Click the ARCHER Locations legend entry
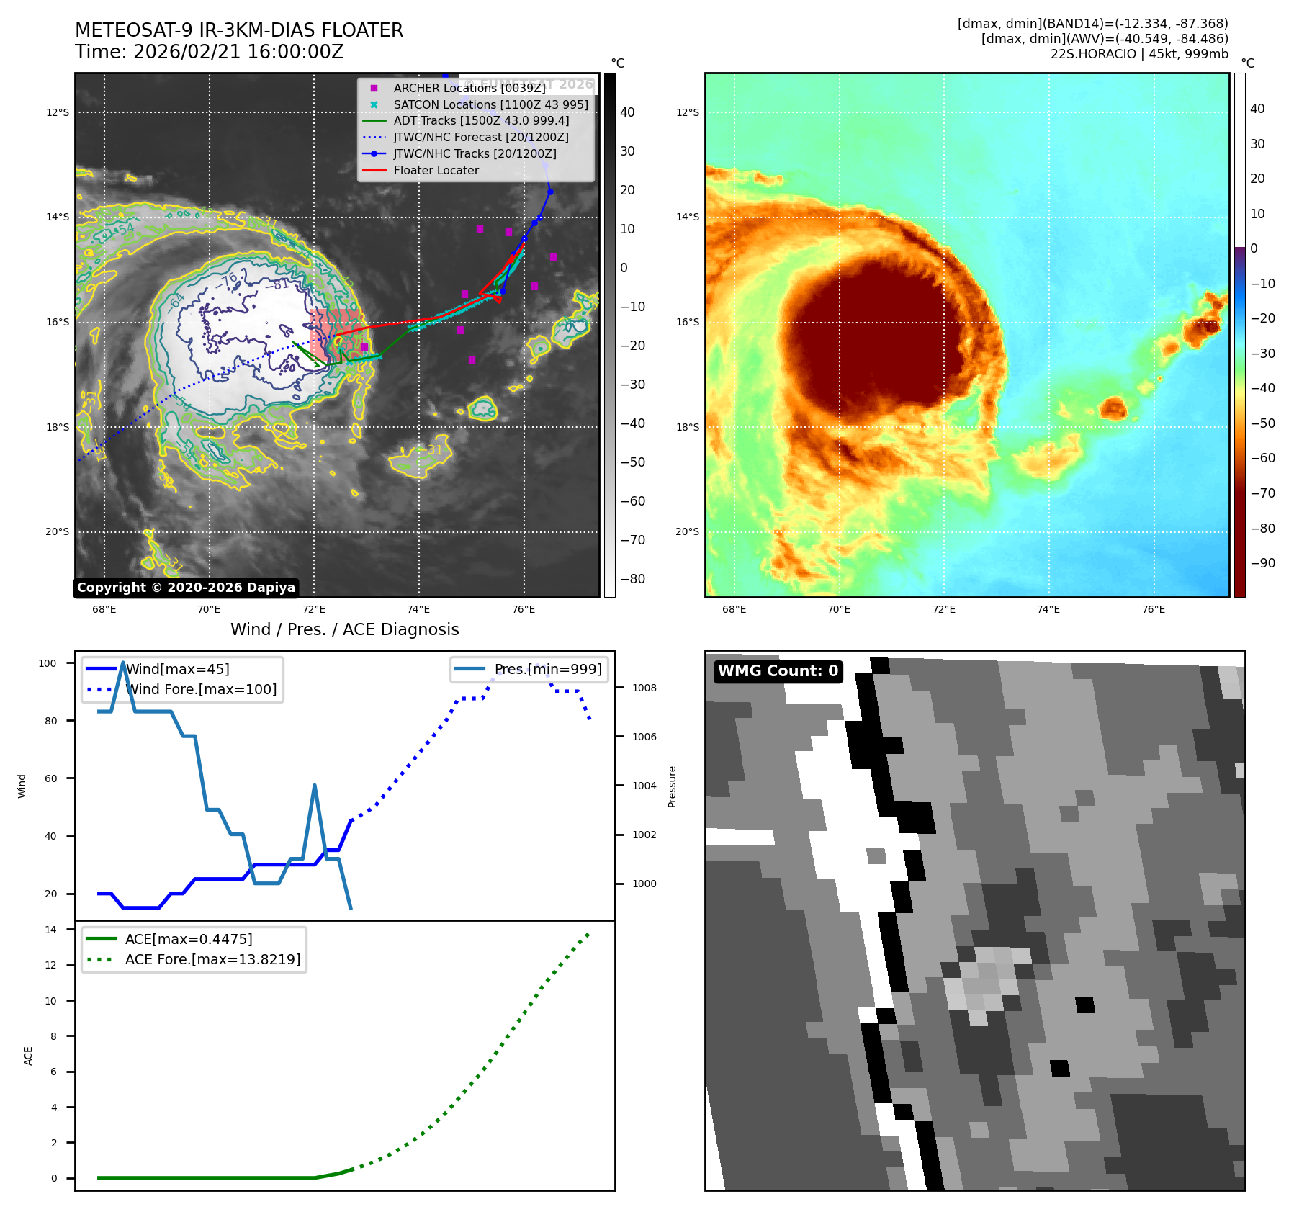coord(469,88)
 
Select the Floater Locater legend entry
coord(436,170)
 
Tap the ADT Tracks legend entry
coord(480,120)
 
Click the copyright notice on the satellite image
coord(186,588)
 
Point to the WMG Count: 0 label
coord(778,671)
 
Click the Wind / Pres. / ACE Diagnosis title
coord(344,629)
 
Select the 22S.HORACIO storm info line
coord(1139,54)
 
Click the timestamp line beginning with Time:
coord(209,52)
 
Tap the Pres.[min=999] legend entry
coord(547,669)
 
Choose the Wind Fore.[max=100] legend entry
coord(201,689)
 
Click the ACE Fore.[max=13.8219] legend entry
coord(212,959)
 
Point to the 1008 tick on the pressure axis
coord(644,688)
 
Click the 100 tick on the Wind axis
coord(48,663)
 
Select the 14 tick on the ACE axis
coord(50,930)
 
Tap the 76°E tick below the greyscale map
coord(524,609)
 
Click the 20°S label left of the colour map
coord(687,531)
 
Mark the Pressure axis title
coord(672,786)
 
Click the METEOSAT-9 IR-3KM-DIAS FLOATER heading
coord(239,30)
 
